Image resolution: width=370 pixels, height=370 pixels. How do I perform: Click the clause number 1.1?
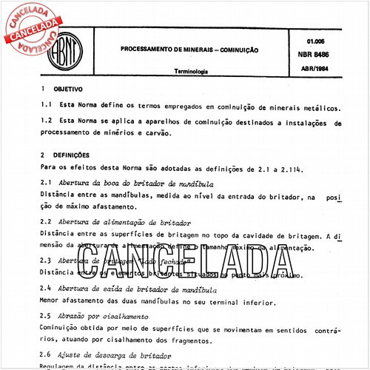(x=46, y=106)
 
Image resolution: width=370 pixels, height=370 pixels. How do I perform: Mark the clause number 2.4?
(x=45, y=288)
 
